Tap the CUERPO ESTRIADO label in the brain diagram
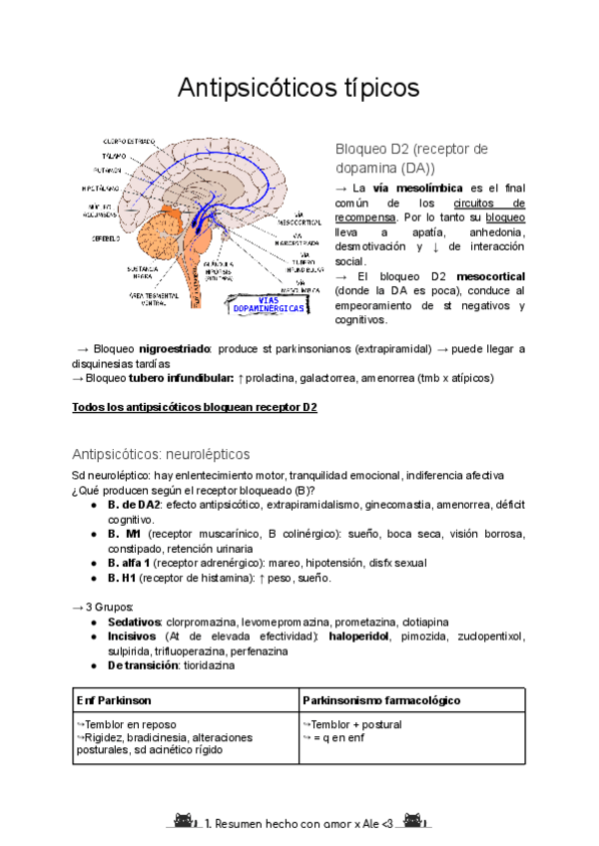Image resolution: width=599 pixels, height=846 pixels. pyautogui.click(x=128, y=141)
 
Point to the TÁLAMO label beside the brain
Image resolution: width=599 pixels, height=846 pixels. pyautogui.click(x=110, y=156)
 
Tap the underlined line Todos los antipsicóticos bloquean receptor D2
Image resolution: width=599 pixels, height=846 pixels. pyautogui.click(x=196, y=407)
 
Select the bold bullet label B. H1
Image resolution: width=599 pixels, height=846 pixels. pyautogui.click(x=121, y=578)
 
